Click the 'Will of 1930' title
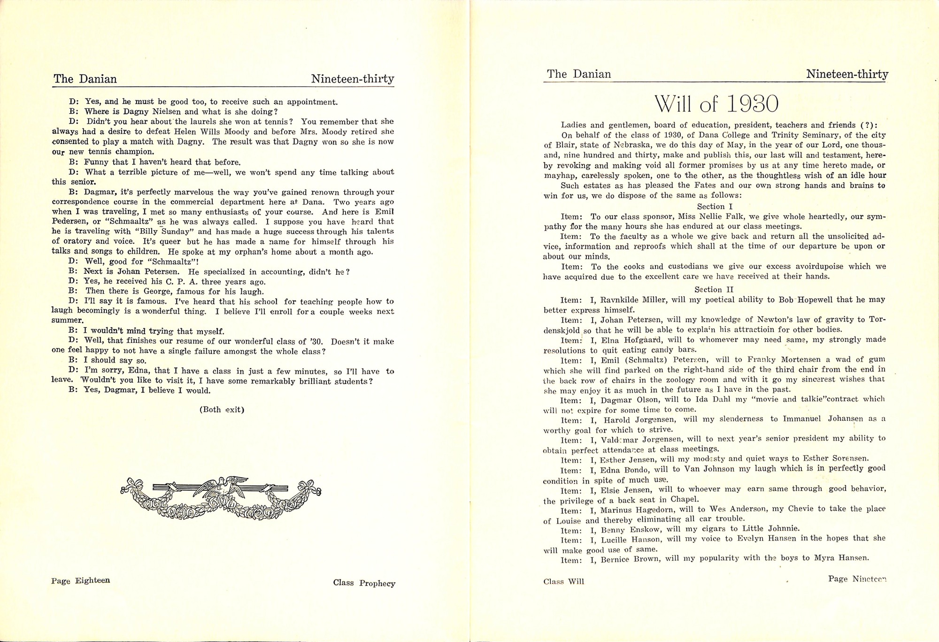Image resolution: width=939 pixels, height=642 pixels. (x=716, y=104)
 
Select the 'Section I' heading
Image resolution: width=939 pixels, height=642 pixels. (x=715, y=206)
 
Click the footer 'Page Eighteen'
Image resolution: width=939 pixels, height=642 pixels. (x=81, y=580)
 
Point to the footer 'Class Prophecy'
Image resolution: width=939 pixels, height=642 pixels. (x=364, y=583)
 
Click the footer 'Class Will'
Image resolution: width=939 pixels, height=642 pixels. (x=563, y=581)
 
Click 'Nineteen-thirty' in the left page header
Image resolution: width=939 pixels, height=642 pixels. (x=352, y=79)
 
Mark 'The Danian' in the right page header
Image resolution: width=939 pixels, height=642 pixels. (x=579, y=74)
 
